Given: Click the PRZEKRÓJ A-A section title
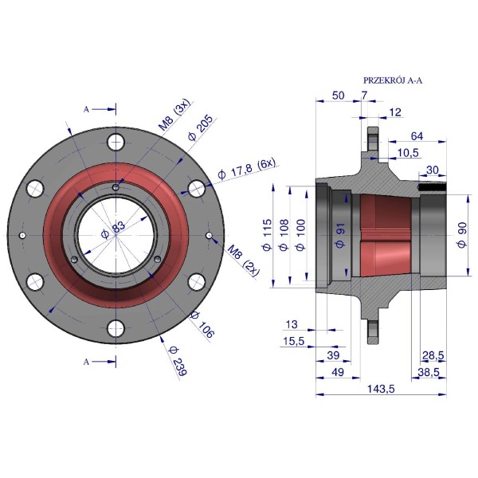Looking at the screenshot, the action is [x=393, y=80].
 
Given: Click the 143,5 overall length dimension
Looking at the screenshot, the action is [x=381, y=389].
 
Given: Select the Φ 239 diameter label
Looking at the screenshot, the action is [x=178, y=361].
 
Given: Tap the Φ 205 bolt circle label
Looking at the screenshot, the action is [x=200, y=127].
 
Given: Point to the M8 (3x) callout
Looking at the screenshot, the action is [x=174, y=115].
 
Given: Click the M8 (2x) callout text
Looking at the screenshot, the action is [x=244, y=261].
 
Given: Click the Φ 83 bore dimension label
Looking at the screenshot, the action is [x=113, y=230].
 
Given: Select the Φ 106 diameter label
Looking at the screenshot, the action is [x=202, y=325].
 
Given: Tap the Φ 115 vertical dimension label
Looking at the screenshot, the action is [x=267, y=234].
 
